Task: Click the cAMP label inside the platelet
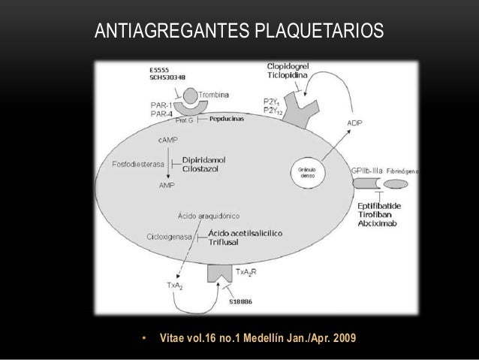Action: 169,140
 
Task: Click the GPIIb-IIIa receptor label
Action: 367,171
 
